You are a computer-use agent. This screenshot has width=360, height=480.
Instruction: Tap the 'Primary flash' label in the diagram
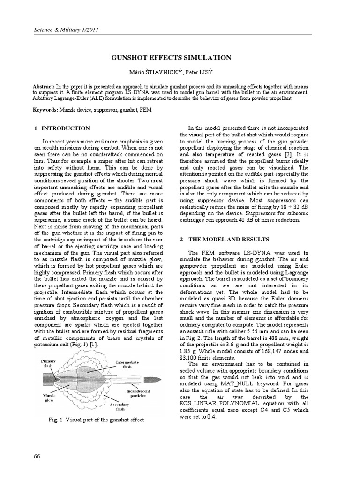48,364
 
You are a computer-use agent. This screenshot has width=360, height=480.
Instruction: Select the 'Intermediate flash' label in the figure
127,365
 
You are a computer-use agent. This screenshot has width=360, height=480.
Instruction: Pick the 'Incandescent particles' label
137,393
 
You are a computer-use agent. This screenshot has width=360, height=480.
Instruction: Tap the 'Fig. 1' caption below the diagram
97,420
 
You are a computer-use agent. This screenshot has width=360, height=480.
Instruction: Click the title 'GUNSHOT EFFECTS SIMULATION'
171,58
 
